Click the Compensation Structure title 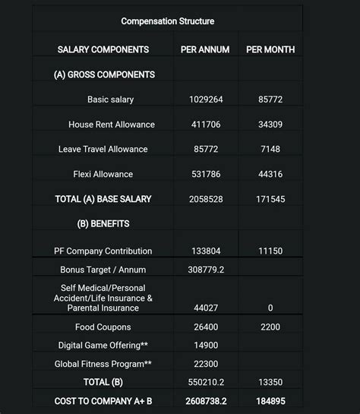point(167,21)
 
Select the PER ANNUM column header point(205,50)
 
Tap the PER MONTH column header point(270,50)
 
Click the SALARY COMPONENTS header point(103,50)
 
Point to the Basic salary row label point(110,100)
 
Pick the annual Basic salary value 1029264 point(205,100)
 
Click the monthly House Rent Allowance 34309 point(270,125)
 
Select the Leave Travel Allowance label point(103,149)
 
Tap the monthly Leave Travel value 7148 point(270,149)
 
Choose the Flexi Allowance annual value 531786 point(205,174)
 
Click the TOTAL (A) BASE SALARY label point(103,199)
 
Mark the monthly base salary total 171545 point(270,199)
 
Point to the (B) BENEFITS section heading point(103,224)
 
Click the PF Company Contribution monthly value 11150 point(270,251)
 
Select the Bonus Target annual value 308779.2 point(205,270)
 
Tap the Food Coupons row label point(103,327)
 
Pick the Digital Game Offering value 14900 point(205,346)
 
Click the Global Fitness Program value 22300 point(205,364)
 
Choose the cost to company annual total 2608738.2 point(205,400)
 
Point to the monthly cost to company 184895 point(270,400)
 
